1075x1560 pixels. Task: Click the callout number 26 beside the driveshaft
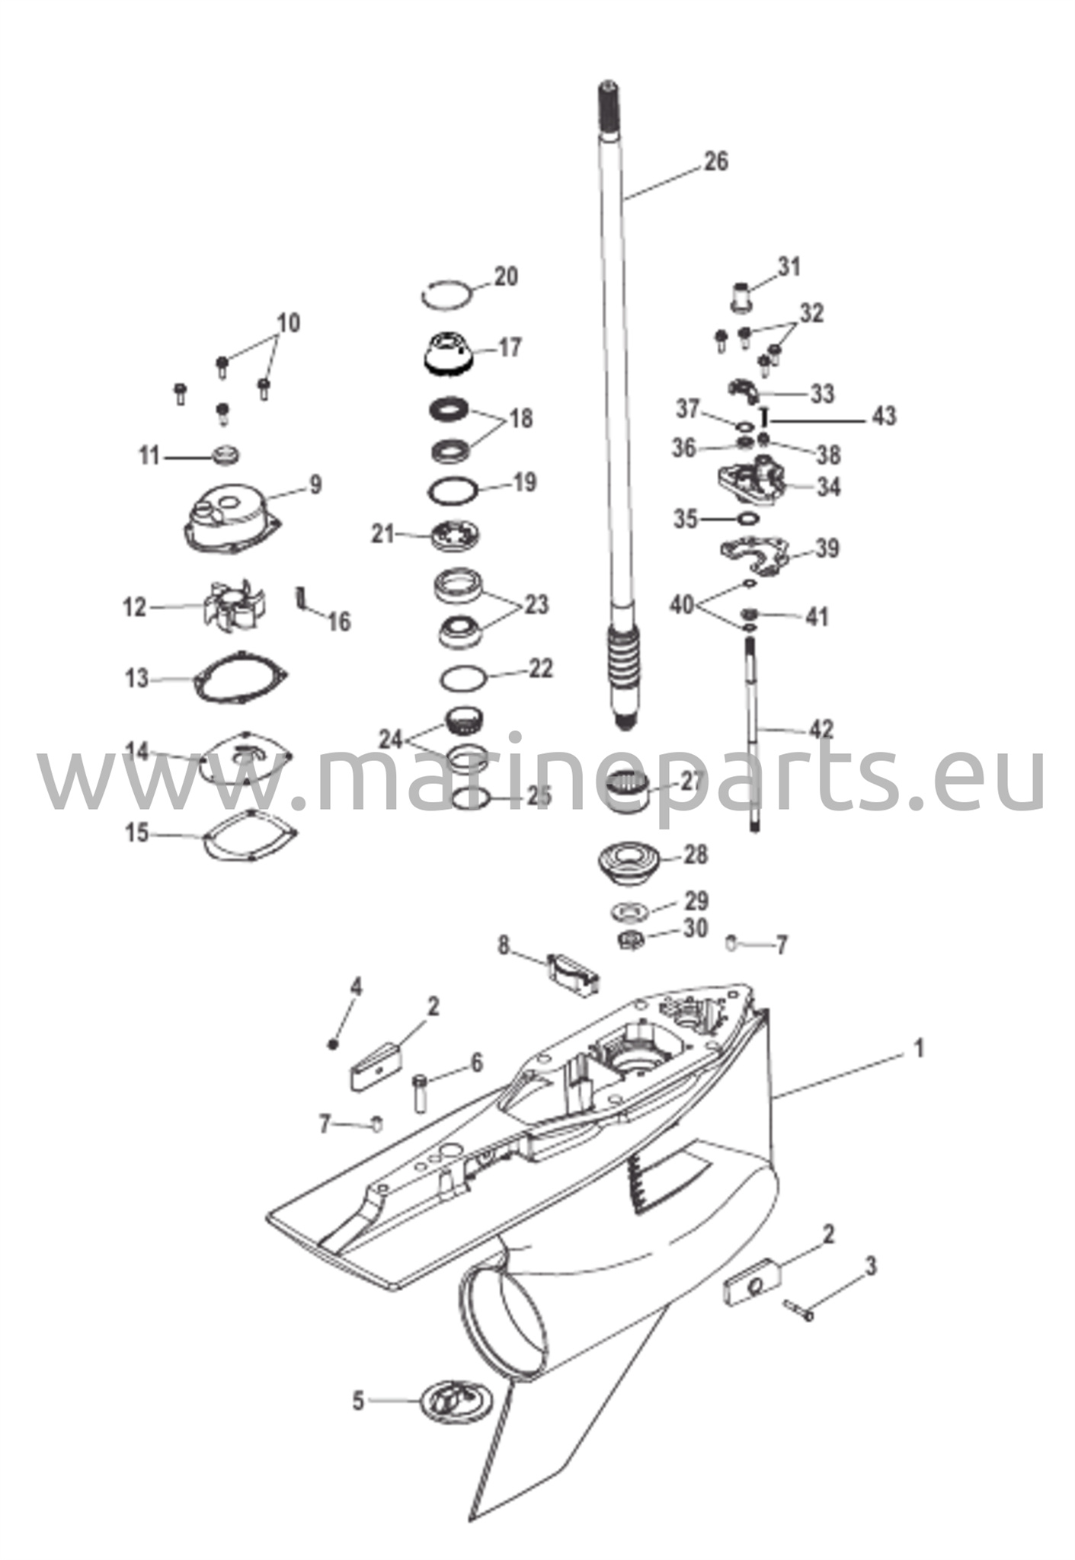[x=715, y=161]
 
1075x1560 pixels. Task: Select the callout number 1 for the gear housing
[x=919, y=1049]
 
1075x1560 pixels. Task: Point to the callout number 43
[x=885, y=416]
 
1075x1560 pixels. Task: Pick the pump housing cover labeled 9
[x=233, y=521]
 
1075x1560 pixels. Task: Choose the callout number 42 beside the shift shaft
[x=821, y=729]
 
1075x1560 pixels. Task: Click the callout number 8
[x=503, y=946]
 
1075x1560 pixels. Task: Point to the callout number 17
[x=510, y=347]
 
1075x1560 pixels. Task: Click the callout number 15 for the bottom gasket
[x=137, y=833]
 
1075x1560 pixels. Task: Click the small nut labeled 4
[x=332, y=1043]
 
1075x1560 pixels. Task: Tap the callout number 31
[x=789, y=267]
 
